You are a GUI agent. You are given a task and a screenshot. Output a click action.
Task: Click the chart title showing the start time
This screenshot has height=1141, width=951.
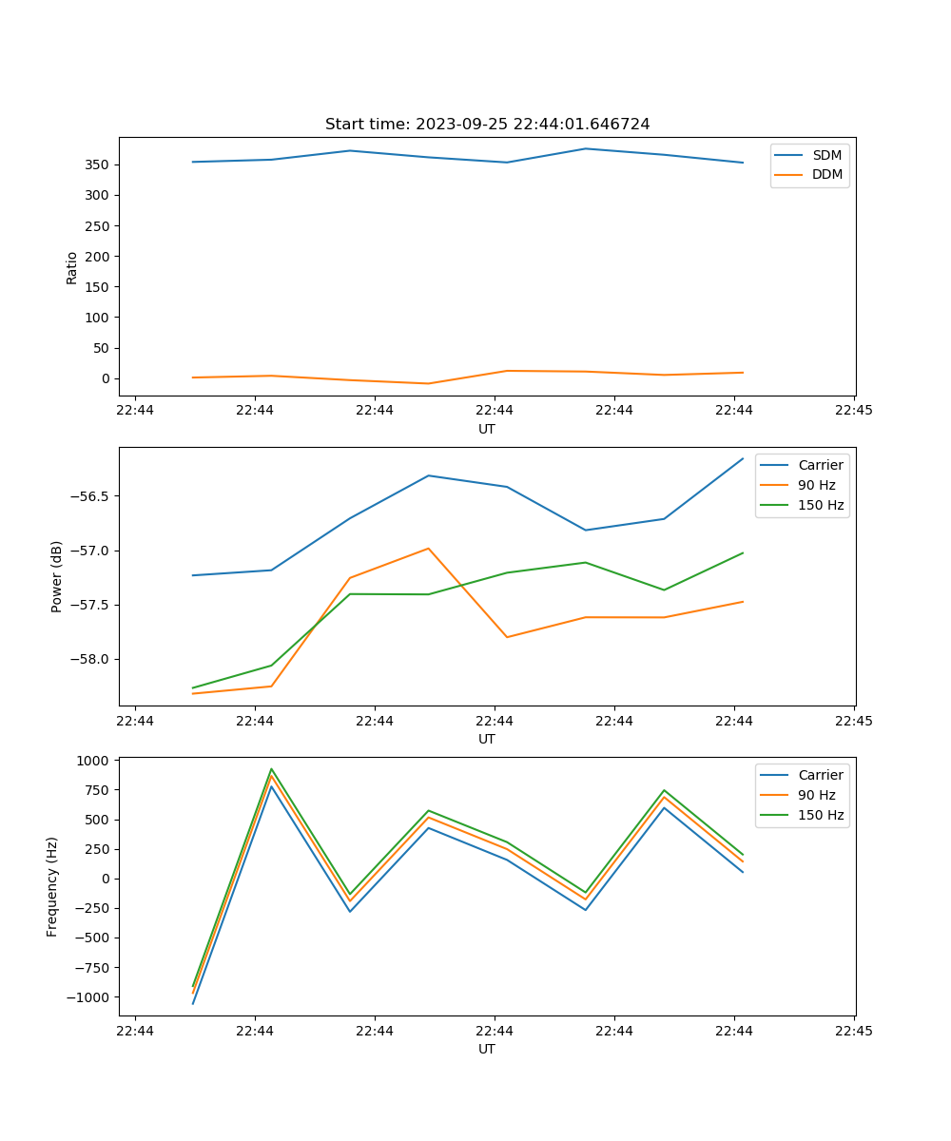[x=487, y=125]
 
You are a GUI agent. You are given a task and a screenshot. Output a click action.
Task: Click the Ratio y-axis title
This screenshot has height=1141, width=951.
[x=71, y=267]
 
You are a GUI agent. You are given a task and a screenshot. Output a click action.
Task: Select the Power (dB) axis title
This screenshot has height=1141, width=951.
[x=57, y=576]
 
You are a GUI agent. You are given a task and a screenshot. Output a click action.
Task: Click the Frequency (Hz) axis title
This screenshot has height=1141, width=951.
[x=52, y=886]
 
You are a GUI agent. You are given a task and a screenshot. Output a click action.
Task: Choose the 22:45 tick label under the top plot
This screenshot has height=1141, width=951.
[x=853, y=410]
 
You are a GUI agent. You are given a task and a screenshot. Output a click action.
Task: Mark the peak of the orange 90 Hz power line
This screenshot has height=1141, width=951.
[x=429, y=549]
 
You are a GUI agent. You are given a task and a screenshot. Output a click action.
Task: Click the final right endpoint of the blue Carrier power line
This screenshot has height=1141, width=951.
[x=743, y=458]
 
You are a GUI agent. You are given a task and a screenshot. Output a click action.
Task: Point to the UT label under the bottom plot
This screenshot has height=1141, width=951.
[x=487, y=1049]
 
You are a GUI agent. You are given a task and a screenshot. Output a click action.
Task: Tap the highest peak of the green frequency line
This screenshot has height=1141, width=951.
[x=272, y=769]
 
